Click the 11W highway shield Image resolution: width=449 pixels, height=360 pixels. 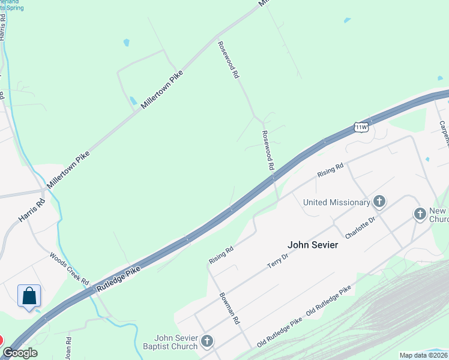click(x=361, y=127)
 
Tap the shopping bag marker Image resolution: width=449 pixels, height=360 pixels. click(x=29, y=296)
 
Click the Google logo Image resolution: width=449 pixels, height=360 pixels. click(x=20, y=353)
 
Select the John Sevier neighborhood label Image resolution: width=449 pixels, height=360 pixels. click(x=313, y=245)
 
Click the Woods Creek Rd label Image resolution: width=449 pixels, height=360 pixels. click(x=70, y=268)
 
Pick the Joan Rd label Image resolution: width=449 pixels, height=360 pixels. click(x=68, y=347)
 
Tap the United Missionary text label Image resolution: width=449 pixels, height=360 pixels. click(x=337, y=202)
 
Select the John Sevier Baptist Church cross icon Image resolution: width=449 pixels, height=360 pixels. click(x=207, y=342)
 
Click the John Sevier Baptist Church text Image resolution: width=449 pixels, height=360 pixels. click(x=176, y=342)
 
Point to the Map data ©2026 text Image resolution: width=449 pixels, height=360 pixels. click(x=423, y=355)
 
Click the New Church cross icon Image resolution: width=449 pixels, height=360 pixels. click(x=420, y=214)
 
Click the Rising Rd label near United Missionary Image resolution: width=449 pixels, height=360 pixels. click(x=330, y=170)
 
